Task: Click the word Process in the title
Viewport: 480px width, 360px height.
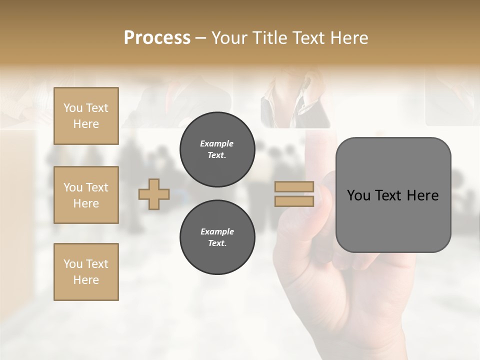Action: [157, 38]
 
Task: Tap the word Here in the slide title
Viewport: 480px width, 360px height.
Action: [347, 38]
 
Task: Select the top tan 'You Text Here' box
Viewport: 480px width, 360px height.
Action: [86, 116]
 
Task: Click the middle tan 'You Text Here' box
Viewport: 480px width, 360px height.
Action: [86, 195]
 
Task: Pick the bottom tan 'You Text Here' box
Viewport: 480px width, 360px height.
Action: [86, 272]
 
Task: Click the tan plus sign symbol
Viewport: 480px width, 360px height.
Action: [154, 194]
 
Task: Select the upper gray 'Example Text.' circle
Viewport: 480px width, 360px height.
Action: [217, 149]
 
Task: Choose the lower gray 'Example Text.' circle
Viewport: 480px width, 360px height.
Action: [217, 237]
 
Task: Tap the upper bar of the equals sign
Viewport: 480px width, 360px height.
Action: [294, 186]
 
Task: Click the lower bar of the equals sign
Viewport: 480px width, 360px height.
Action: [294, 201]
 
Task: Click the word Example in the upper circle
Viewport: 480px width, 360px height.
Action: [217, 143]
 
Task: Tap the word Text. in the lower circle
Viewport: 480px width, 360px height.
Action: [217, 243]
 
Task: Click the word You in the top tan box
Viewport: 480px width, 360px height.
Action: [73, 108]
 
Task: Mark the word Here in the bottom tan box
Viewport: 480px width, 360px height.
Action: [86, 280]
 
